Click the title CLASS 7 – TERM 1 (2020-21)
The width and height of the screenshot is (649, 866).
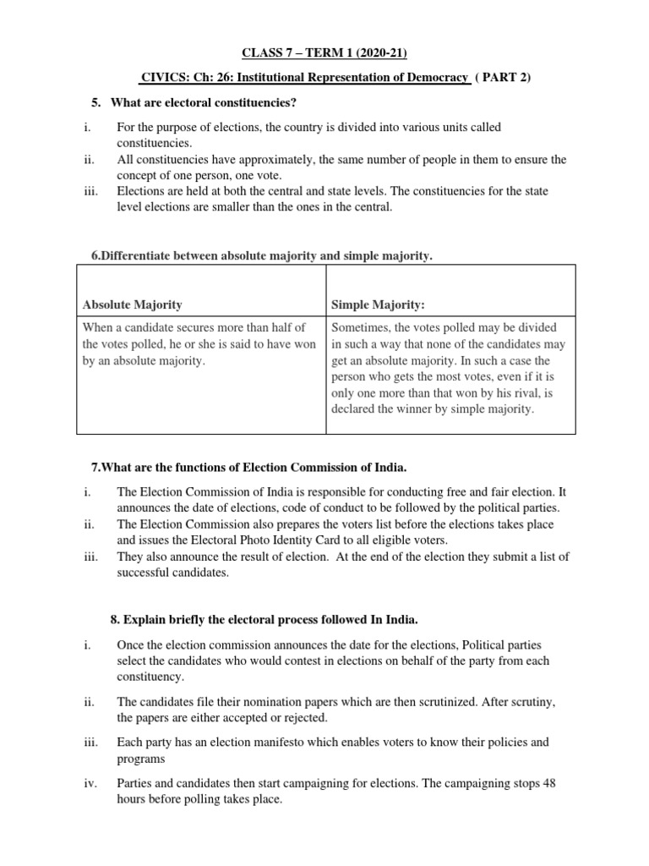tap(324, 53)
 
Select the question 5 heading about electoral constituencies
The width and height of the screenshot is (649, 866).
tap(200, 102)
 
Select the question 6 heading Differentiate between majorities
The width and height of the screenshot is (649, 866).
tap(261, 255)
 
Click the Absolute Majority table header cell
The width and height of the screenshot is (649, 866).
tap(132, 304)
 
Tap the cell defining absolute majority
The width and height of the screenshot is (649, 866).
tap(201, 344)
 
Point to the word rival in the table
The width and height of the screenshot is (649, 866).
tap(513, 392)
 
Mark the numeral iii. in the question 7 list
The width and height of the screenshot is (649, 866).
tap(92, 556)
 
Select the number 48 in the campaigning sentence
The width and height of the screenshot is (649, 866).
tap(548, 782)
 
